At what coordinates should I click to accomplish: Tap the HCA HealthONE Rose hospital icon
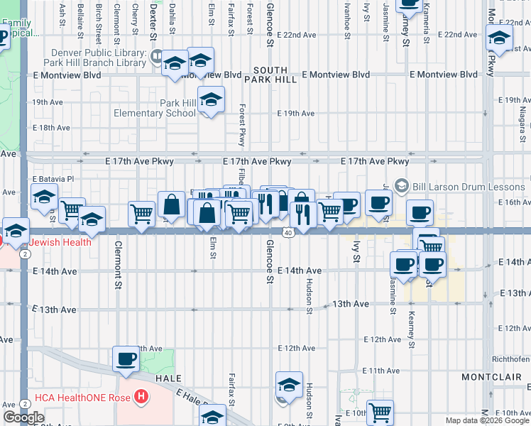coord(143,396)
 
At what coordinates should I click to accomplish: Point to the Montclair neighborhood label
coord(486,376)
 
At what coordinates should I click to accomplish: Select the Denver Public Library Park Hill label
coord(99,58)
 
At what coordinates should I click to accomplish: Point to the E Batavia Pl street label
coord(53,180)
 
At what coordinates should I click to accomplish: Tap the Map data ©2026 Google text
coord(486,420)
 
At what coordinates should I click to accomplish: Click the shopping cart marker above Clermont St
coord(142,213)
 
